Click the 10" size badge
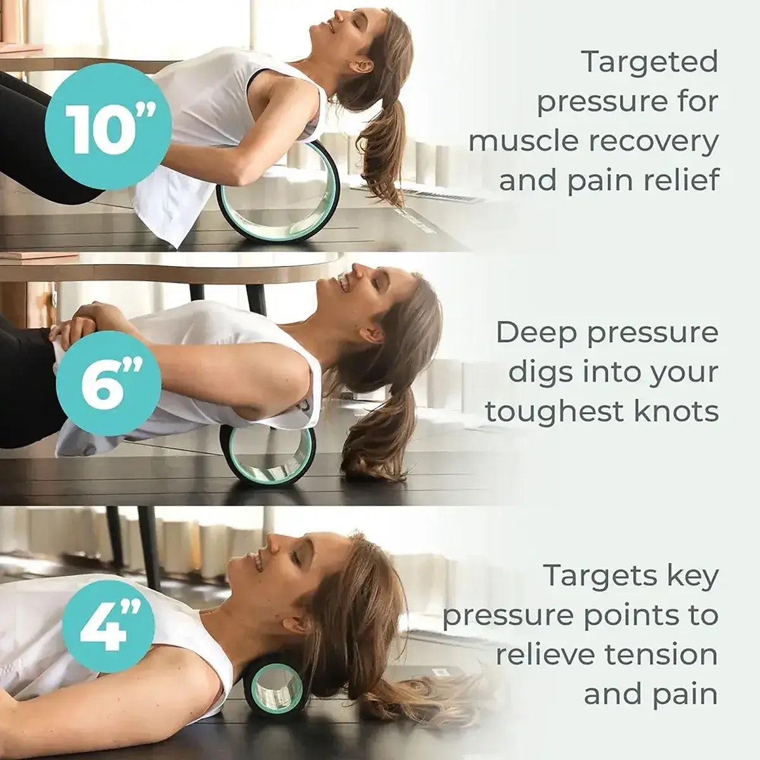(x=109, y=130)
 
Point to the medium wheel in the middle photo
(x=268, y=453)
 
